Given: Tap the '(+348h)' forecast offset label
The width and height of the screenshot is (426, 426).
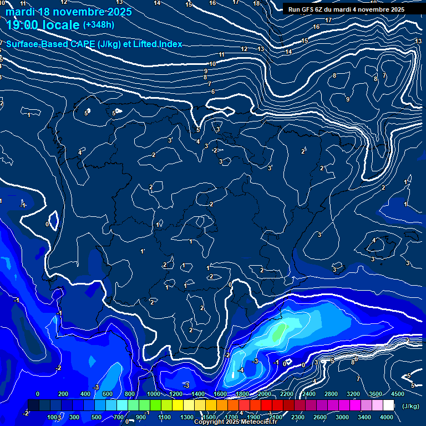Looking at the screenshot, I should click(x=98, y=25).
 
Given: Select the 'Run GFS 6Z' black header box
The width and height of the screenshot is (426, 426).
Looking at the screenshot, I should click(x=346, y=9).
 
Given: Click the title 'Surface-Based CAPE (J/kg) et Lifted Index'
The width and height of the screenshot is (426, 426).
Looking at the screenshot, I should click(x=94, y=44).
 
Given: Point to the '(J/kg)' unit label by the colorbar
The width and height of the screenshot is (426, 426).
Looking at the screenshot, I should click(x=410, y=406).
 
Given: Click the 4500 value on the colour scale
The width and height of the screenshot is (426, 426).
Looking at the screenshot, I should click(x=397, y=394).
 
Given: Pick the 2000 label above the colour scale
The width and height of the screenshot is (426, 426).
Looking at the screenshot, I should click(x=265, y=394).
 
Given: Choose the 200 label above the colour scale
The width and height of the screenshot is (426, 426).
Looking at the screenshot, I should click(x=63, y=394).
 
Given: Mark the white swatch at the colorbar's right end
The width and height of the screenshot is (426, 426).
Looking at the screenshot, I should click(x=388, y=405).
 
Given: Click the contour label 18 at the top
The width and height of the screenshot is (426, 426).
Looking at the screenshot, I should click(x=256, y=3).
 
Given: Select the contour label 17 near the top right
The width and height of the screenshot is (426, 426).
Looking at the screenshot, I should click(x=328, y=21).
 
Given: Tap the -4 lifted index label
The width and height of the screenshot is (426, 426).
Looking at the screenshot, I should click(x=241, y=370).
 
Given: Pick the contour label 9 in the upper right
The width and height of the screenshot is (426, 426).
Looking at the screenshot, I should click(x=348, y=99).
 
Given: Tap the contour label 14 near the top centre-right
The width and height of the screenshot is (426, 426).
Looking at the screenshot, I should click(x=288, y=52).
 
